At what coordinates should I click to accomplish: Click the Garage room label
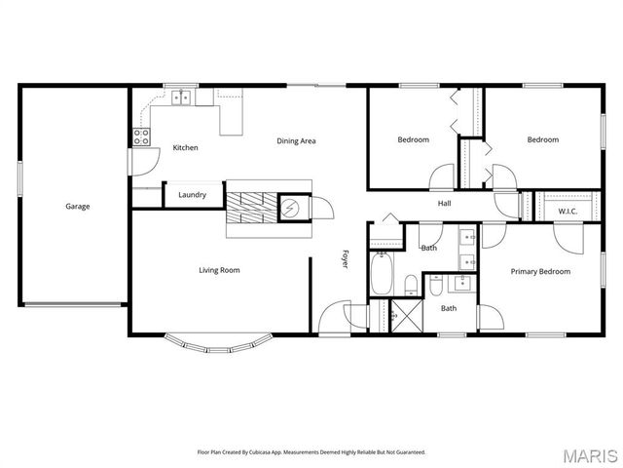coord(78,207)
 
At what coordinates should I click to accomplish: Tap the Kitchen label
coord(186,148)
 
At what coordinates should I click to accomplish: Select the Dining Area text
coord(296,141)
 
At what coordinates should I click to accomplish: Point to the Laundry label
coord(192,195)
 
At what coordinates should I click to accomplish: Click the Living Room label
coord(219,270)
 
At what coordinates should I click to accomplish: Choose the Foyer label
coord(344,259)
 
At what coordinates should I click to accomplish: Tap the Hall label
coord(444,203)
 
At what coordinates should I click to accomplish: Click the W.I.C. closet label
coord(568,212)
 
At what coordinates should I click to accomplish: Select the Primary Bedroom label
coord(540,271)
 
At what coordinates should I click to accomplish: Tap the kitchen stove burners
coord(141,136)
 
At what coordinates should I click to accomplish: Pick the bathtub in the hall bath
coord(382,273)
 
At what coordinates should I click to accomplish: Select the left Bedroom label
coord(413,139)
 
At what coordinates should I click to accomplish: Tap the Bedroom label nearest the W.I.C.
coord(543,139)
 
